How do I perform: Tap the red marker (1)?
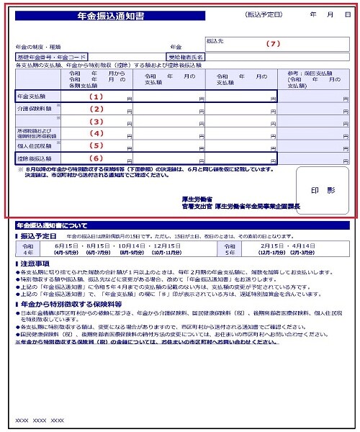point(96,96)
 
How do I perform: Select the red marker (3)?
point(96,122)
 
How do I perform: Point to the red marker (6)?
point(96,158)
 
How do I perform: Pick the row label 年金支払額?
point(30,96)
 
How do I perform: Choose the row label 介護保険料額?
point(32,109)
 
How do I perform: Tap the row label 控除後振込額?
point(30,158)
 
